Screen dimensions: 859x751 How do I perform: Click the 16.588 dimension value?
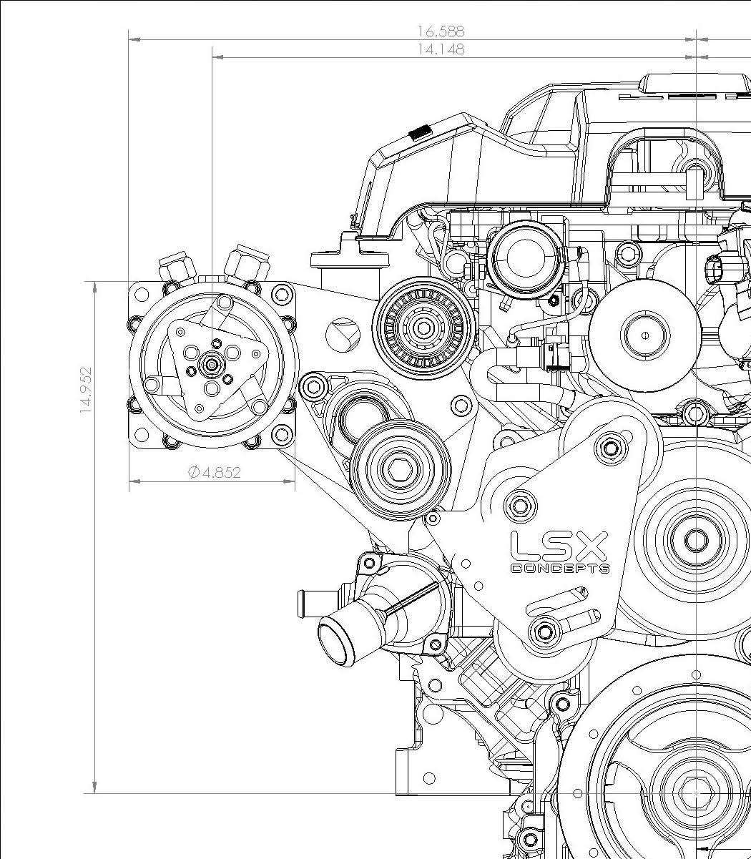point(441,31)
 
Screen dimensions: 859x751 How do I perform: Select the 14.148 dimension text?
point(441,49)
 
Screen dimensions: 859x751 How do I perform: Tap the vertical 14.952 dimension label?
point(86,391)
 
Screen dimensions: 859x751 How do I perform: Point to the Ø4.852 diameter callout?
point(214,473)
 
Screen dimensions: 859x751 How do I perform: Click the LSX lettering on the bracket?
point(559,546)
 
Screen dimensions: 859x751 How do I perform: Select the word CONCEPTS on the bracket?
point(560,569)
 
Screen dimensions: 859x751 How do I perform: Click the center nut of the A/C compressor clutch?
point(212,365)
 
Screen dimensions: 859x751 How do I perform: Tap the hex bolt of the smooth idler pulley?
point(398,469)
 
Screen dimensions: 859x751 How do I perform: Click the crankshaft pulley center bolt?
point(696,792)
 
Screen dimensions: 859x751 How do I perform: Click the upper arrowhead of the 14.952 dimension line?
point(95,286)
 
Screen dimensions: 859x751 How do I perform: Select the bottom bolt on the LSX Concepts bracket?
point(544,632)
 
